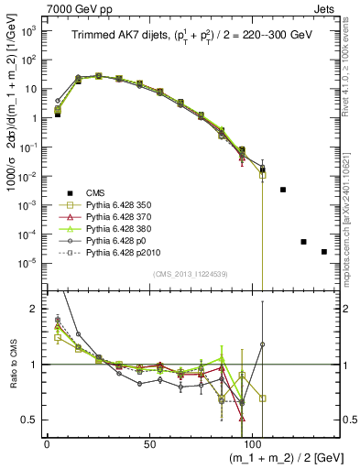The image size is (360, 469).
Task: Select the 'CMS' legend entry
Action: pos(95,193)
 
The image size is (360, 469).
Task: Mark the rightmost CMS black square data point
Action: pos(323,252)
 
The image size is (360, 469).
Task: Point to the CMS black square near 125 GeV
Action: pos(303,242)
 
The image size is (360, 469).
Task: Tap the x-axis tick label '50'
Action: pos(145,444)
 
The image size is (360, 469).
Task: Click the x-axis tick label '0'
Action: pos(47,444)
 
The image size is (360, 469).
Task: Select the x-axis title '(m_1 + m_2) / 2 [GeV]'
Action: pos(276,458)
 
